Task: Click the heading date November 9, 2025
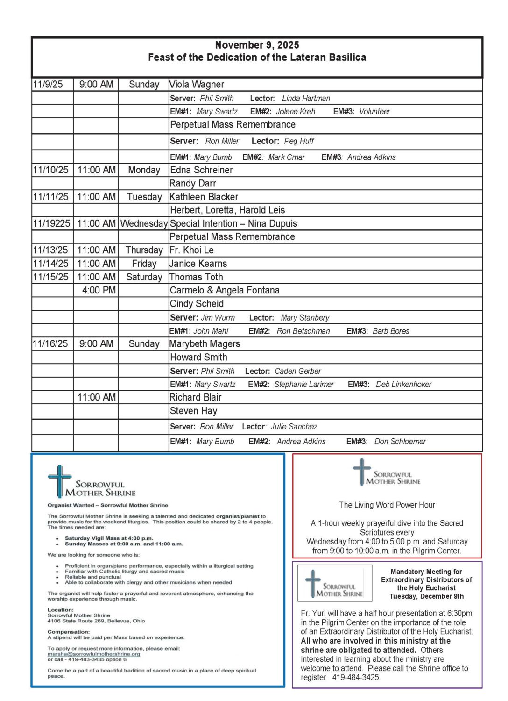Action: [257, 45]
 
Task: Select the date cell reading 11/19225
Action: [51, 223]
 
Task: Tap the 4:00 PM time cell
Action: [99, 290]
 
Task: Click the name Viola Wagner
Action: [197, 85]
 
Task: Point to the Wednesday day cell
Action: [144, 223]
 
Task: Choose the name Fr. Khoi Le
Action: [191, 250]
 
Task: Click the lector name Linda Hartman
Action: [306, 99]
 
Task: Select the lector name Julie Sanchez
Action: [294, 427]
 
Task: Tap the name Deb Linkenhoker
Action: [403, 385]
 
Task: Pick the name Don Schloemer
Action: [400, 442]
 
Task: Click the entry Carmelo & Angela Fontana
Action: [225, 290]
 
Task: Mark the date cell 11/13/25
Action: [50, 250]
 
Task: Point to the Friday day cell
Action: [144, 264]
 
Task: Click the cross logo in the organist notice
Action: [59, 480]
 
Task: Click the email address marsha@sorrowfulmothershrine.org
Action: [94, 654]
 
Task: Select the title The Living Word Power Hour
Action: [387, 505]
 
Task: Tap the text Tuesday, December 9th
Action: [426, 596]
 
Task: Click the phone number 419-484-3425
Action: [356, 678]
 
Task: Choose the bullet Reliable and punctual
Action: [93, 577]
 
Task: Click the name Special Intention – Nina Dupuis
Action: [233, 223]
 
